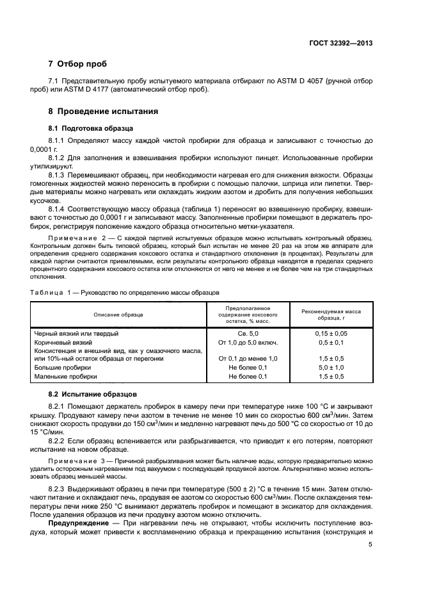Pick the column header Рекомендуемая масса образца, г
tap(331, 314)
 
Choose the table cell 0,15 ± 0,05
tap(331, 334)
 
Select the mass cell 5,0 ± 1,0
tap(331, 368)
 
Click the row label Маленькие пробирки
tap(67, 377)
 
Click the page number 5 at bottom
tap(371, 545)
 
